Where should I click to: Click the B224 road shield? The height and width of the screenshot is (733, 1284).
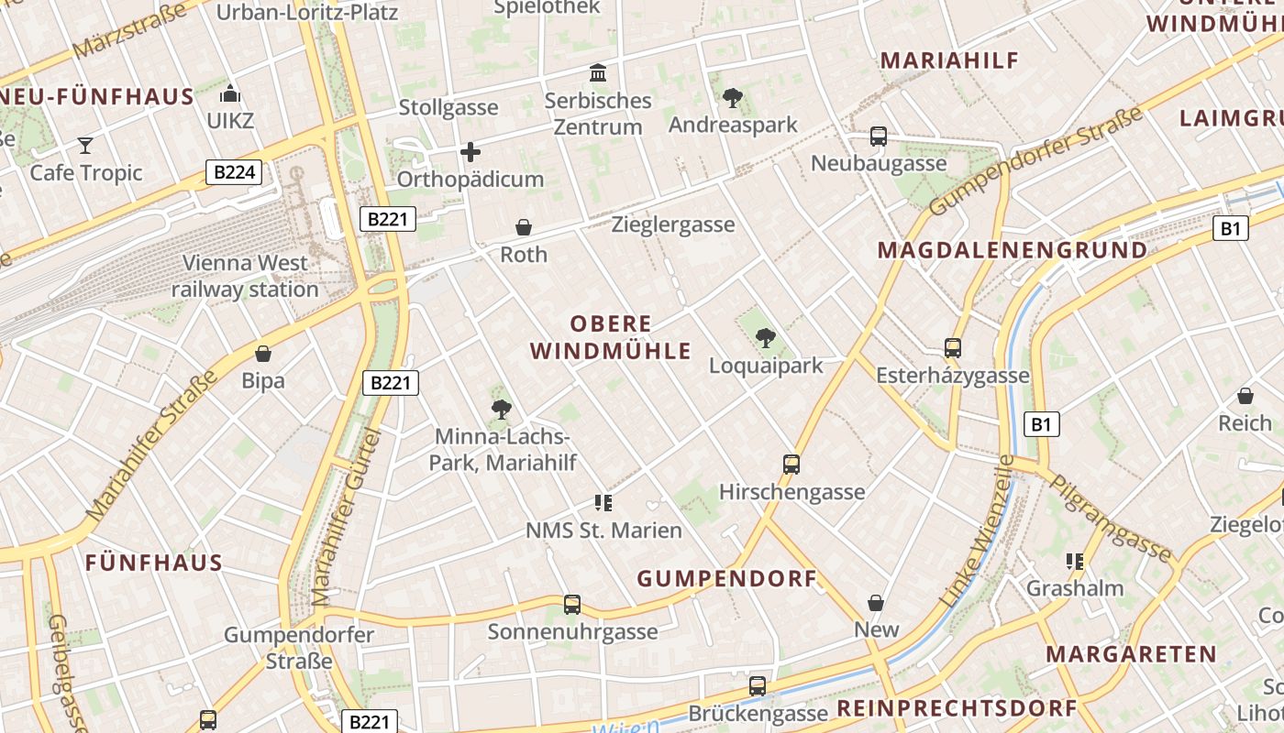pos(234,171)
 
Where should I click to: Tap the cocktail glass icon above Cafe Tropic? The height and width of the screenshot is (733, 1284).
pos(85,145)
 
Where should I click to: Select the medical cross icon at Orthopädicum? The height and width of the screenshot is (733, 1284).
pos(470,151)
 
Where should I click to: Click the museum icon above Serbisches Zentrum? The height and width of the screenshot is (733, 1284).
pos(598,72)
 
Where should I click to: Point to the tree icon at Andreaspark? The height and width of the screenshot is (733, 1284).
pos(733,97)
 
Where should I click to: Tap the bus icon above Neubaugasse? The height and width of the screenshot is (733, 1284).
pos(879,137)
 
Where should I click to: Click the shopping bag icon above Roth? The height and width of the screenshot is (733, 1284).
pos(524,226)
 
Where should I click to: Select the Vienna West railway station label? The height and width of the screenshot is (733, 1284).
pos(245,276)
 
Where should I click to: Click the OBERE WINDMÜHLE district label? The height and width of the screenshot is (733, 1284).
pos(611,337)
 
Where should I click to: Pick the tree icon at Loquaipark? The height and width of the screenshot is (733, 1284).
pos(766,338)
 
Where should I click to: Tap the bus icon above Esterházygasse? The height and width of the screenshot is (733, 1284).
pos(953,348)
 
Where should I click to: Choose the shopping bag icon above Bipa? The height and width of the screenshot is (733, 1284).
pos(263,353)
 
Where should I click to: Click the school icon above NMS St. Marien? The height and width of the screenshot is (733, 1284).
pos(603,502)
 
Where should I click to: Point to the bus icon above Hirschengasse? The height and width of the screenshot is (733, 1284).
pos(791,464)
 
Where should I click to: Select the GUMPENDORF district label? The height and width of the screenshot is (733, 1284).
pos(726,579)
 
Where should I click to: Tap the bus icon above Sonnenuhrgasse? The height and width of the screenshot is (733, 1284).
pos(572,604)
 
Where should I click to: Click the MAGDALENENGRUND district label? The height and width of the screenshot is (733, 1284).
pos(1013,250)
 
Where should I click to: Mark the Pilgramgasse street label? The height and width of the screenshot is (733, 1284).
pos(1110,518)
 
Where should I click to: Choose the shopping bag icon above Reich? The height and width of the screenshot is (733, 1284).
pos(1245,396)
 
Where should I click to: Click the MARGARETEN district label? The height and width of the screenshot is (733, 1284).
pos(1131,654)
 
